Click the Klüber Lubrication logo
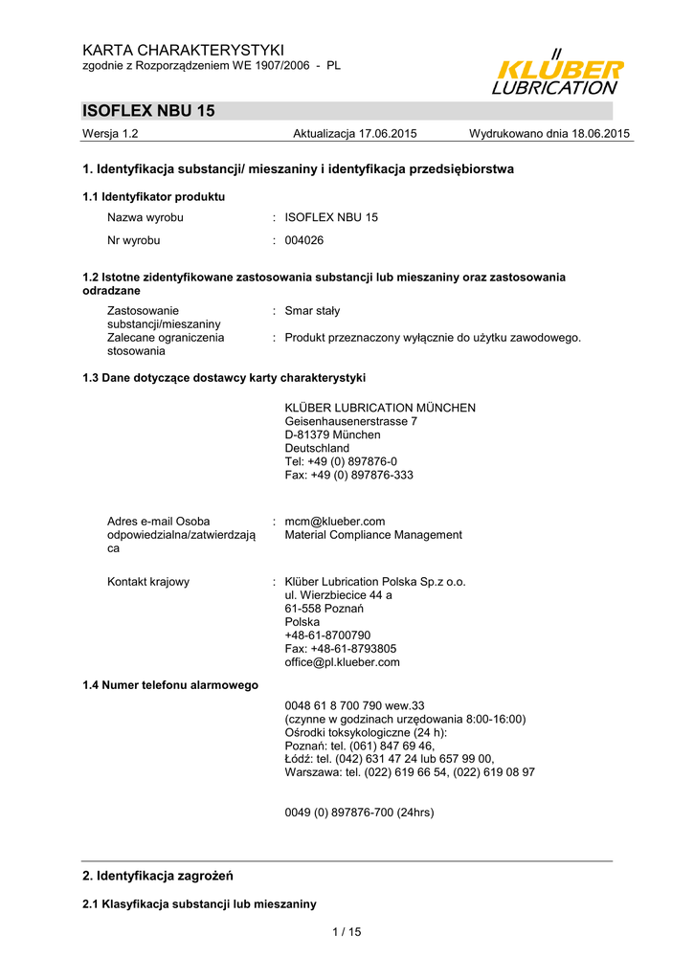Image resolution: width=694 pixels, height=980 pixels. click(x=557, y=73)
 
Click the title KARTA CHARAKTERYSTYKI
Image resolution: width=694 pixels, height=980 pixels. click(x=184, y=50)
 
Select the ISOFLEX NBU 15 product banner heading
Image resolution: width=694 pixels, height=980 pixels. click(x=149, y=111)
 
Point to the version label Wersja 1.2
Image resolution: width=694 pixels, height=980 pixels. click(x=111, y=134)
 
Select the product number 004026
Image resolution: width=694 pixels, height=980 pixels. click(x=304, y=240)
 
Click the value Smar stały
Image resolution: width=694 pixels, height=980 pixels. click(x=312, y=311)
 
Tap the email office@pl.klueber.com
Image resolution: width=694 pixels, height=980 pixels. click(x=342, y=662)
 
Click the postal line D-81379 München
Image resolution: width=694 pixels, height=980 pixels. click(x=332, y=434)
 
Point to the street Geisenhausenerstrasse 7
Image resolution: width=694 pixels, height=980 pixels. click(x=351, y=421)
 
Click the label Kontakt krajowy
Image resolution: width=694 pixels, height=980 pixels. click(x=148, y=582)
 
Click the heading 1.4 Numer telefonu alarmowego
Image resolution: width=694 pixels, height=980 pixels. click(x=170, y=685)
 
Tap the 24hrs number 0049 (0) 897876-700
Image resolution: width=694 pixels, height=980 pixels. click(x=359, y=813)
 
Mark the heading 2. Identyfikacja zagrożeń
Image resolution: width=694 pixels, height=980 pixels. click(x=158, y=876)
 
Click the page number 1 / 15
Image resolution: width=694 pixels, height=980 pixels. click(x=347, y=932)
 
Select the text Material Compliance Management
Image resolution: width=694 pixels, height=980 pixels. click(x=373, y=535)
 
